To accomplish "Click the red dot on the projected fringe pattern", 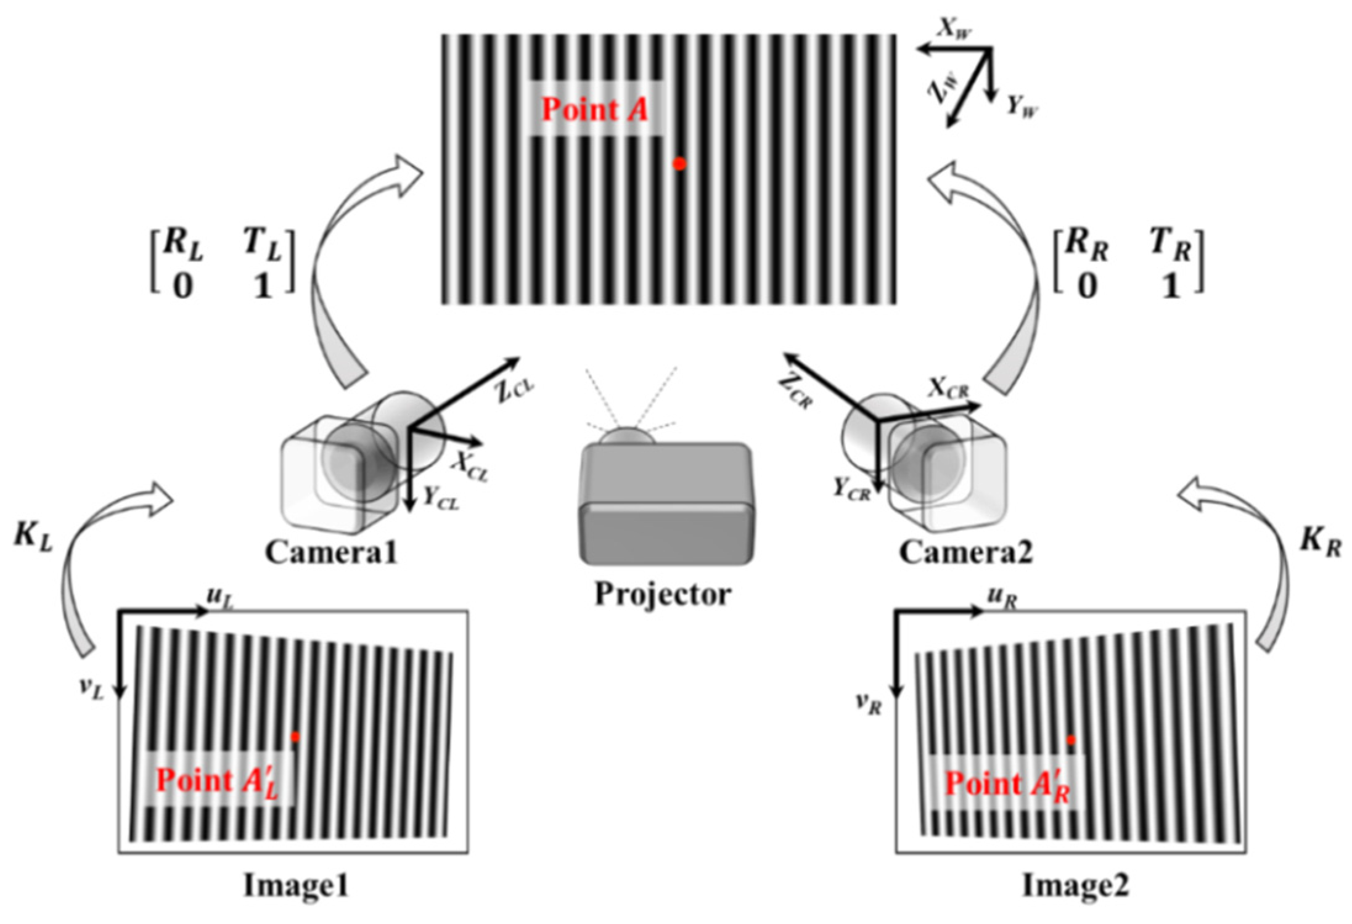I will pyautogui.click(x=679, y=164).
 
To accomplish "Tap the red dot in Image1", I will pyautogui.click(x=295, y=737).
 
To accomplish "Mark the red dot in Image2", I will pyautogui.click(x=1071, y=740).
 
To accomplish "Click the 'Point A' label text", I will pyautogui.click(x=594, y=110).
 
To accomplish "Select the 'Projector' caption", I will pyautogui.click(x=663, y=594).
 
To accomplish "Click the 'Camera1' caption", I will pyautogui.click(x=331, y=552).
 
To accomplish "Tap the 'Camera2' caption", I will pyautogui.click(x=965, y=552).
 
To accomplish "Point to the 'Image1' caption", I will pyautogui.click(x=297, y=886).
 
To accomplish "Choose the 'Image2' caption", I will pyautogui.click(x=1076, y=886).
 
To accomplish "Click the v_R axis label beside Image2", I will pyautogui.click(x=869, y=704).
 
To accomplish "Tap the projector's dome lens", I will pyautogui.click(x=627, y=436).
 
